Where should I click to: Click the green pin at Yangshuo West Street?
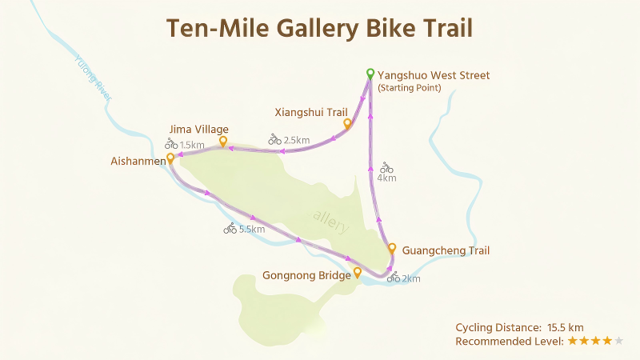[x=370, y=74]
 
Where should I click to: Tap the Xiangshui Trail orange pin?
[x=347, y=124]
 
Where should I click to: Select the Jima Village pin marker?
[x=222, y=142]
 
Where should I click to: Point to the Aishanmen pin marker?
[x=170, y=158]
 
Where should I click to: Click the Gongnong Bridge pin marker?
[x=358, y=273]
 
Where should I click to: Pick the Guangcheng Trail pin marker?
[x=392, y=248]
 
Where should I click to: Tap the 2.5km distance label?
[x=297, y=140]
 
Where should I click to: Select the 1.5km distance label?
[x=192, y=145]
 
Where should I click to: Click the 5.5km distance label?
[x=251, y=230]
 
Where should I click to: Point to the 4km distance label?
[x=386, y=178]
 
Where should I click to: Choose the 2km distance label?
[x=410, y=279]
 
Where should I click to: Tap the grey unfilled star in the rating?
[x=619, y=341]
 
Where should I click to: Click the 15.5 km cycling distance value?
[x=566, y=327]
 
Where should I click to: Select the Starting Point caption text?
[x=409, y=88]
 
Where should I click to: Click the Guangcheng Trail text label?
[x=446, y=250]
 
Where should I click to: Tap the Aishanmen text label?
[x=138, y=161]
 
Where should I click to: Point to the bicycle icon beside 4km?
[x=386, y=167]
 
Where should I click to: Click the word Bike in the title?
[x=390, y=28]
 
